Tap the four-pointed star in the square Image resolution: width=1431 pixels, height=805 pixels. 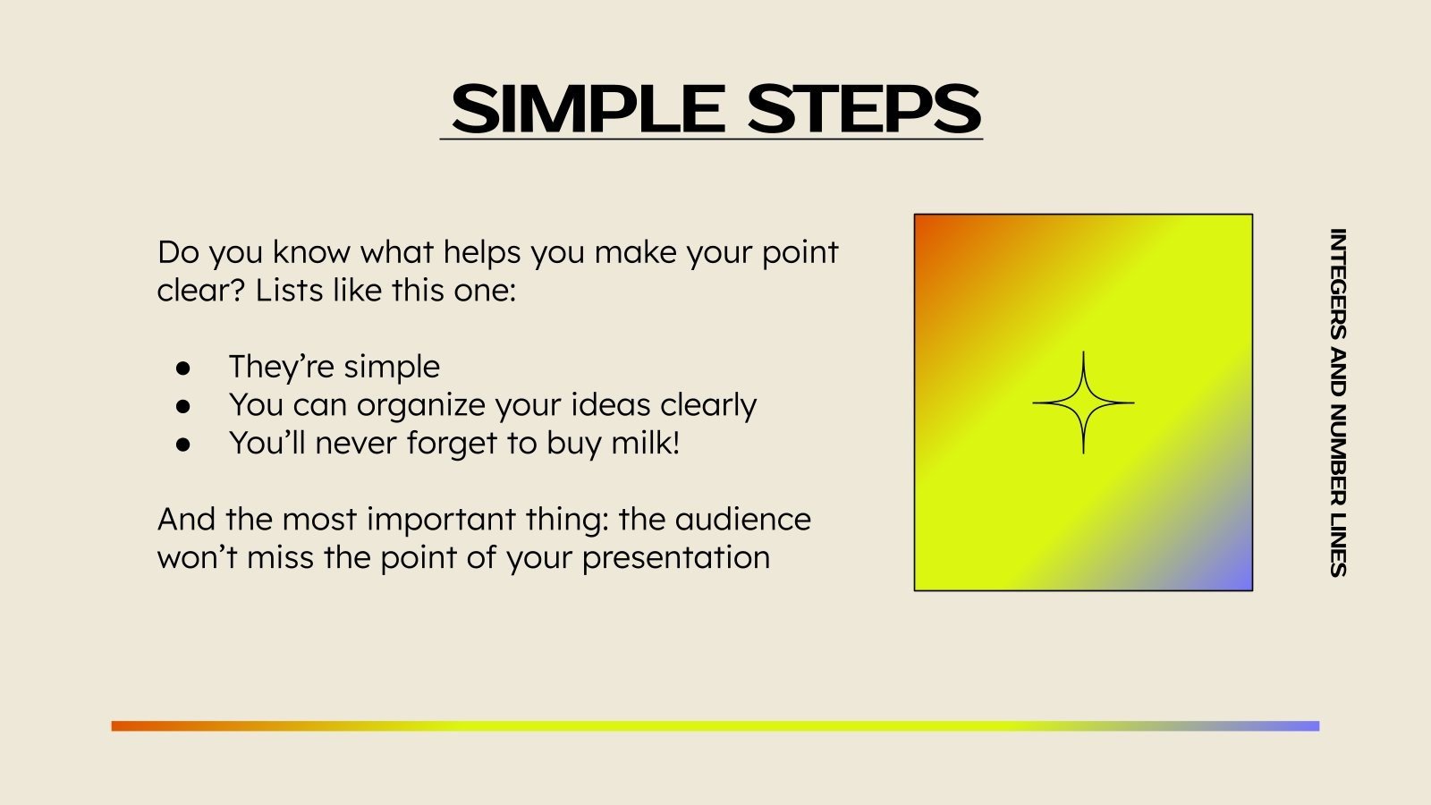pos(1083,402)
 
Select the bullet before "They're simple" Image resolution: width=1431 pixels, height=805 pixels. pos(183,368)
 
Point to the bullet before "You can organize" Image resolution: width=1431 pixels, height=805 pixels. pos(183,406)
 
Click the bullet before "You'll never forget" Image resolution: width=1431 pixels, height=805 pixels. pos(183,445)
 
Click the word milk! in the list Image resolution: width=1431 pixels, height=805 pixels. pos(645,442)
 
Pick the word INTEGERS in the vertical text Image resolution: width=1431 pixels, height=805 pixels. pos(1338,284)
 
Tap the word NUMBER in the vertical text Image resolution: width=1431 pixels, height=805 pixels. pos(1338,455)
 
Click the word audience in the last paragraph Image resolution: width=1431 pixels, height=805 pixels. pos(742,519)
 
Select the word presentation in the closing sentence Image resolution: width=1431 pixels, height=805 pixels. pos(676,558)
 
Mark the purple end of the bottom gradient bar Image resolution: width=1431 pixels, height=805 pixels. pos(1317,725)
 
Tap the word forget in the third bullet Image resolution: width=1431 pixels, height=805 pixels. pos(453,444)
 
